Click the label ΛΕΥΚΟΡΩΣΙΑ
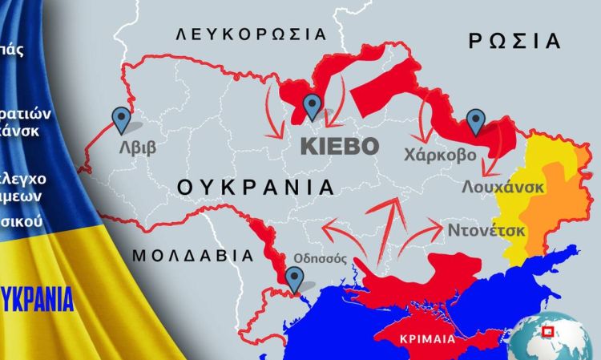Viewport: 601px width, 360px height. pos(252,34)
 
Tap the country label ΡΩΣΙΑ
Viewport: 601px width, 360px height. pos(513,40)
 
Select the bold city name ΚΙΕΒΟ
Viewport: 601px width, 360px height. pos(338,147)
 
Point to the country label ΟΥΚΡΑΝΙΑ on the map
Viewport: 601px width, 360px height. pos(255,188)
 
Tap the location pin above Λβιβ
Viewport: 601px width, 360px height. pos(122,119)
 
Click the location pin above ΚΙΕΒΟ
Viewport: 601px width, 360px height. pos(312,106)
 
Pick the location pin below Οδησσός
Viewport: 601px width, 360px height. pos(296,279)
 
